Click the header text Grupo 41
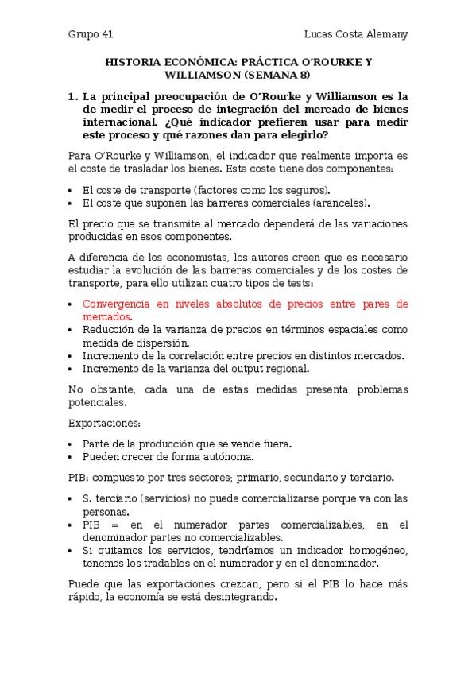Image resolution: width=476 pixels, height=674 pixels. tap(91, 35)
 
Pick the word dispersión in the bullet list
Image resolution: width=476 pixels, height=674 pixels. tap(161, 343)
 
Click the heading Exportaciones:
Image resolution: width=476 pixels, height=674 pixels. tap(104, 424)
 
